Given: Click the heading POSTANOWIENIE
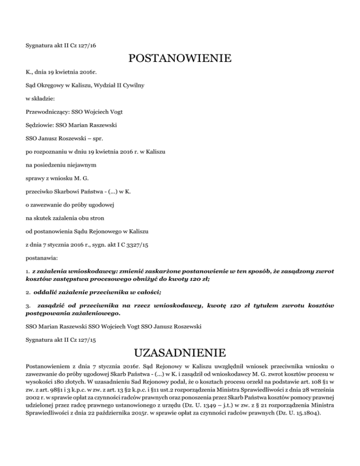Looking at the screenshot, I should click(x=180, y=60).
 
